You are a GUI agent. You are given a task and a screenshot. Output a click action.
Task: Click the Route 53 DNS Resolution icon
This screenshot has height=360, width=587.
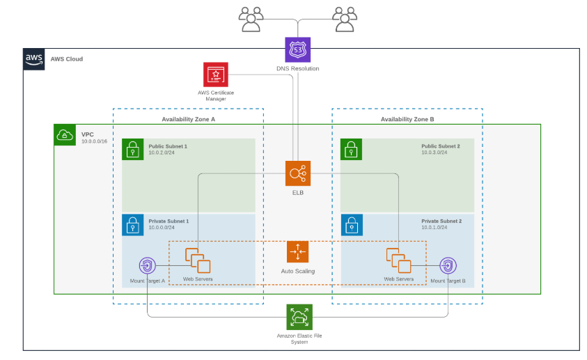click(x=297, y=50)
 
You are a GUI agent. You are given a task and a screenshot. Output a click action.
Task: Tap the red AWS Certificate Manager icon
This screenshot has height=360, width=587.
click(x=216, y=75)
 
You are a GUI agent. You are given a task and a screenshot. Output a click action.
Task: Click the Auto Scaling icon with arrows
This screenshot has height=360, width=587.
click(x=297, y=252)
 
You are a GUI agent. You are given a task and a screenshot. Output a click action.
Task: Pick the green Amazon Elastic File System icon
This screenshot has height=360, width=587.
click(x=299, y=317)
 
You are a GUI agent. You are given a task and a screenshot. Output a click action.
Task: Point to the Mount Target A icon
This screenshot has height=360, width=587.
click(x=147, y=266)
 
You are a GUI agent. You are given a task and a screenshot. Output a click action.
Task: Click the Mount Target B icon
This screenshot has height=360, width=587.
click(x=448, y=266)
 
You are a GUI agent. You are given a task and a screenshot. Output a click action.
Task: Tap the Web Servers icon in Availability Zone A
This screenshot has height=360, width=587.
click(x=198, y=260)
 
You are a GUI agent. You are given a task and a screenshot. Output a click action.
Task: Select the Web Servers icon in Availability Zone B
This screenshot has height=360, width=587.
click(x=398, y=260)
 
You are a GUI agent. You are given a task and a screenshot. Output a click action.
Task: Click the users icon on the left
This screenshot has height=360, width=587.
click(x=251, y=19)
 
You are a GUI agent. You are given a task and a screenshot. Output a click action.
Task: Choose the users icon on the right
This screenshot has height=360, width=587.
click(x=345, y=19)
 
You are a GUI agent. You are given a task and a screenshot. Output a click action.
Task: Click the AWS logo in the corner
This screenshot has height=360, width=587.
click(x=34, y=59)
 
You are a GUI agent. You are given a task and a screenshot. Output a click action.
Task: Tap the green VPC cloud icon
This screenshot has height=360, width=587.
click(x=65, y=135)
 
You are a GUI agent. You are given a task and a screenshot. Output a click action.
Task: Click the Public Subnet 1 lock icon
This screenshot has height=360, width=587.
click(x=133, y=149)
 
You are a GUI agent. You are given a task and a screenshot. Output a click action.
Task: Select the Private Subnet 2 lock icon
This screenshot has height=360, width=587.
click(x=352, y=224)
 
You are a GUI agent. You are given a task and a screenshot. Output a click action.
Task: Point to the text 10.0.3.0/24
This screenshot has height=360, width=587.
click(x=434, y=152)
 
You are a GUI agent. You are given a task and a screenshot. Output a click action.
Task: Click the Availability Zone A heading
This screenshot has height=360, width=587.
click(x=189, y=119)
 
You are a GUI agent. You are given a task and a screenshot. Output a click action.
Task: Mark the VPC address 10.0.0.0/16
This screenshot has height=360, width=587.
click(x=95, y=141)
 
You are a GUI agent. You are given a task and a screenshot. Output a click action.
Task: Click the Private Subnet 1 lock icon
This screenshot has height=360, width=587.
click(x=133, y=224)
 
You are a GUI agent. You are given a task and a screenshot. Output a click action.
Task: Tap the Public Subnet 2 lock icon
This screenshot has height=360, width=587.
click(x=352, y=149)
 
